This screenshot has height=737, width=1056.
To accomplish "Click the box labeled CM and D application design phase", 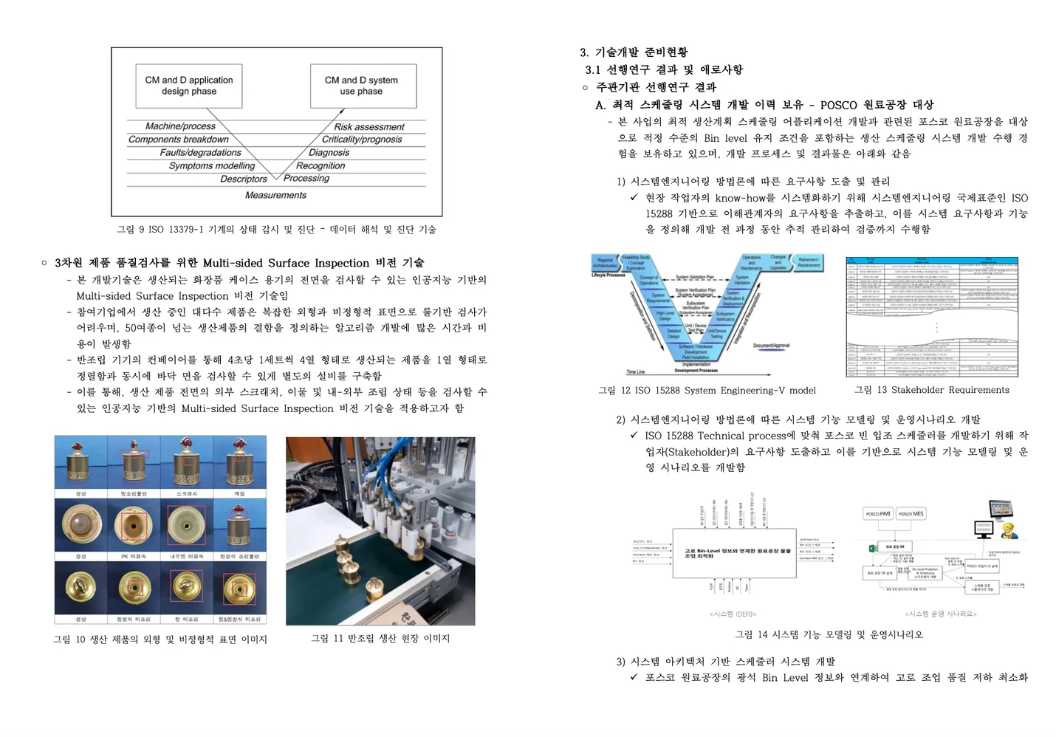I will (189, 86).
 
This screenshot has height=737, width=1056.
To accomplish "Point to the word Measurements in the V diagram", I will (275, 195).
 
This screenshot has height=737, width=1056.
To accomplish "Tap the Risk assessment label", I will (368, 127).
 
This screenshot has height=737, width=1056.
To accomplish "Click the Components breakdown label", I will (179, 140).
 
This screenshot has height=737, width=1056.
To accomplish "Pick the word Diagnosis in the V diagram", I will (329, 153).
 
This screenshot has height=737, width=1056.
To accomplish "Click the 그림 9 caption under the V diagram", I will (276, 230).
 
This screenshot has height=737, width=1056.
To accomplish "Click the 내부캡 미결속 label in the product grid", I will (186, 556).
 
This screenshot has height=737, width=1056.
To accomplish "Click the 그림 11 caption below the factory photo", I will (380, 638).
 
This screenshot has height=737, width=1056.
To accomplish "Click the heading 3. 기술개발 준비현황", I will (634, 52).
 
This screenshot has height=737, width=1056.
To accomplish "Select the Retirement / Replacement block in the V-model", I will (808, 263).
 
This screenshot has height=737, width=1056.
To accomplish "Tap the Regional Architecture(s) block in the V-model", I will (605, 263).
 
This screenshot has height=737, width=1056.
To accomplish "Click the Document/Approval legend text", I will (771, 346).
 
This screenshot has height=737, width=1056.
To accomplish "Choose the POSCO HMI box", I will (878, 513).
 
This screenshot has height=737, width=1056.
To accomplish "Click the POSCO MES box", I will (911, 513).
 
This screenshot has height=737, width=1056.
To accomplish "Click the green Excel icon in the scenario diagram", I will (871, 547).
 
